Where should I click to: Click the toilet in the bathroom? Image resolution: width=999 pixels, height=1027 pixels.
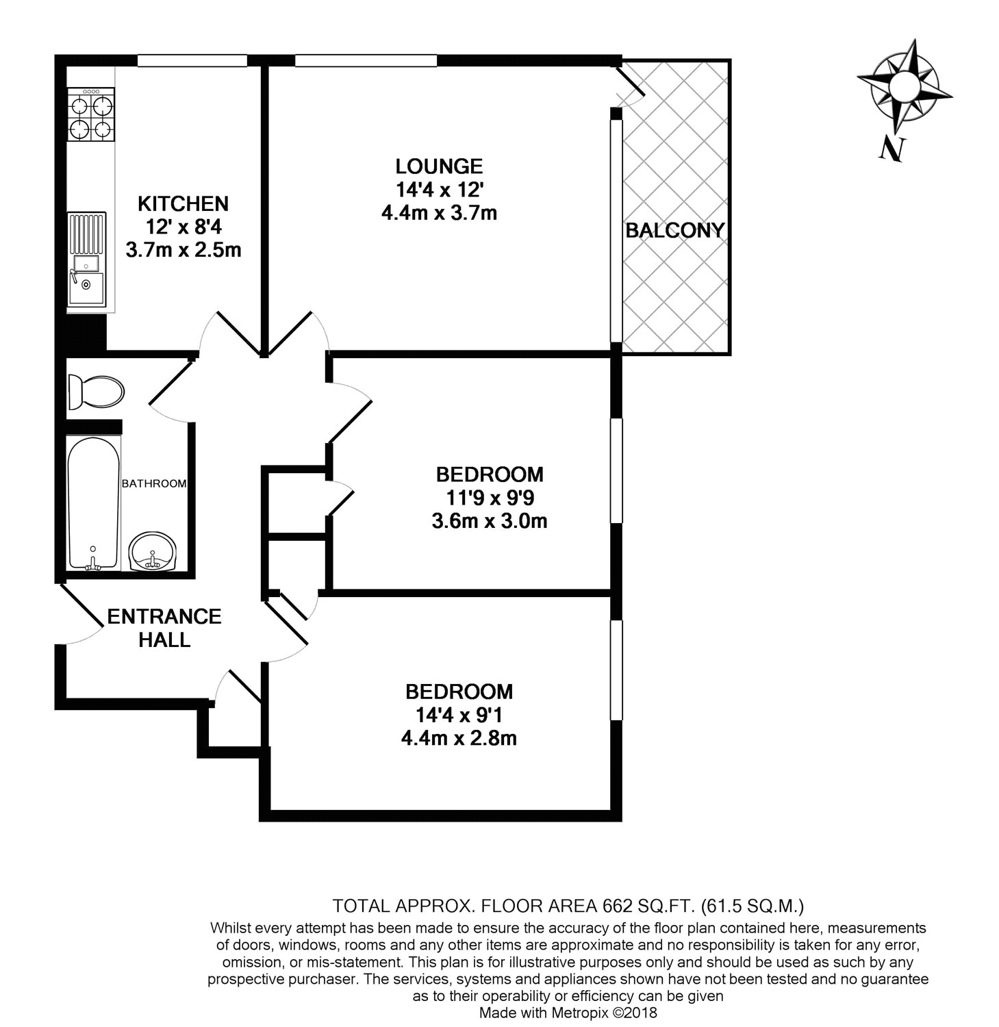coord(96,392)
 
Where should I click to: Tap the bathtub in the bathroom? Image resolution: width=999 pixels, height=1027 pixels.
coord(94,503)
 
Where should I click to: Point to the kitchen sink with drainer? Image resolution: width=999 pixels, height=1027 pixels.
coord(87,258)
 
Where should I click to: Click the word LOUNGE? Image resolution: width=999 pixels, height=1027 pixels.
coord(439,166)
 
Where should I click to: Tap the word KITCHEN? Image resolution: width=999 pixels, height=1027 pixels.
coord(183,203)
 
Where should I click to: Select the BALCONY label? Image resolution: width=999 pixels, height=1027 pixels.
coord(675,231)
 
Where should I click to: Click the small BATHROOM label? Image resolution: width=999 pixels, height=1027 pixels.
coord(154,483)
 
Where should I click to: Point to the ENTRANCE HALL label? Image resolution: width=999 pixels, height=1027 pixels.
coord(164,628)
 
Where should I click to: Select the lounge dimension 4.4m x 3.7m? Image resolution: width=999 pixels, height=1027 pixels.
coord(439,213)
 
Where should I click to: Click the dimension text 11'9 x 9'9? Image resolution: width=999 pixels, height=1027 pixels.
coord(490,498)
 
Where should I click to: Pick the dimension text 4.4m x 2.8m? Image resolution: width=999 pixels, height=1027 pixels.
coord(458,739)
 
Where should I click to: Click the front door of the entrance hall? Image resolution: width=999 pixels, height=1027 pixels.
coord(81,613)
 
